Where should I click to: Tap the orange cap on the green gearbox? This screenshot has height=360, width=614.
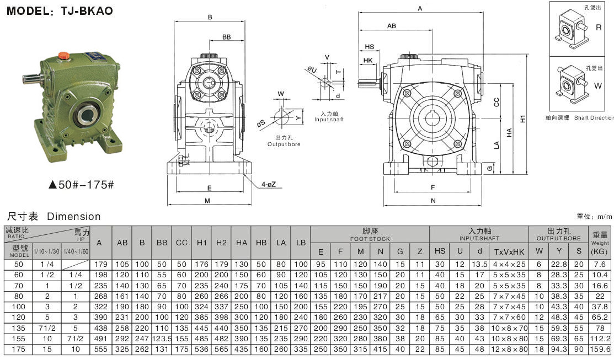65,55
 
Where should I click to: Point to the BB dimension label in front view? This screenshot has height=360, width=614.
226,36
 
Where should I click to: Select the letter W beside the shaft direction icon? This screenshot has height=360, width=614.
599,85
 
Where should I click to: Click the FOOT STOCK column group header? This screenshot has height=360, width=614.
370,235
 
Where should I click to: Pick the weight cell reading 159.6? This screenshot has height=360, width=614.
600,349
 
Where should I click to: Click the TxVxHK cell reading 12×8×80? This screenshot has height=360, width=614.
505,349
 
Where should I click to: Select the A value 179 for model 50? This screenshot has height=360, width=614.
99,264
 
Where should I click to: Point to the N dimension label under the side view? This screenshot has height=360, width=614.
433,201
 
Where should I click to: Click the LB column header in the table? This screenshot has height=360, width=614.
300,243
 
